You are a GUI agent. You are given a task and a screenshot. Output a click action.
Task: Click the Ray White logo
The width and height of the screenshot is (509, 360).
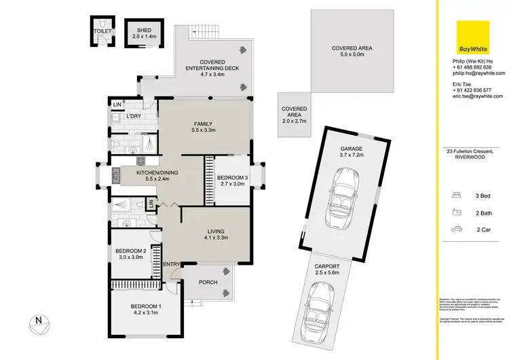coord(472,37)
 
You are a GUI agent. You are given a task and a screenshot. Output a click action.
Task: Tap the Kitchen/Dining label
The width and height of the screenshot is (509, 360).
coord(157,173)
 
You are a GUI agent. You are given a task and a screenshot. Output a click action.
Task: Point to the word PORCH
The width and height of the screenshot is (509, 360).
coord(208,282)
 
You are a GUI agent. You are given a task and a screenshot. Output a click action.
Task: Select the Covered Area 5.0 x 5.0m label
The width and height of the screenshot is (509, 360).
coord(352,52)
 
